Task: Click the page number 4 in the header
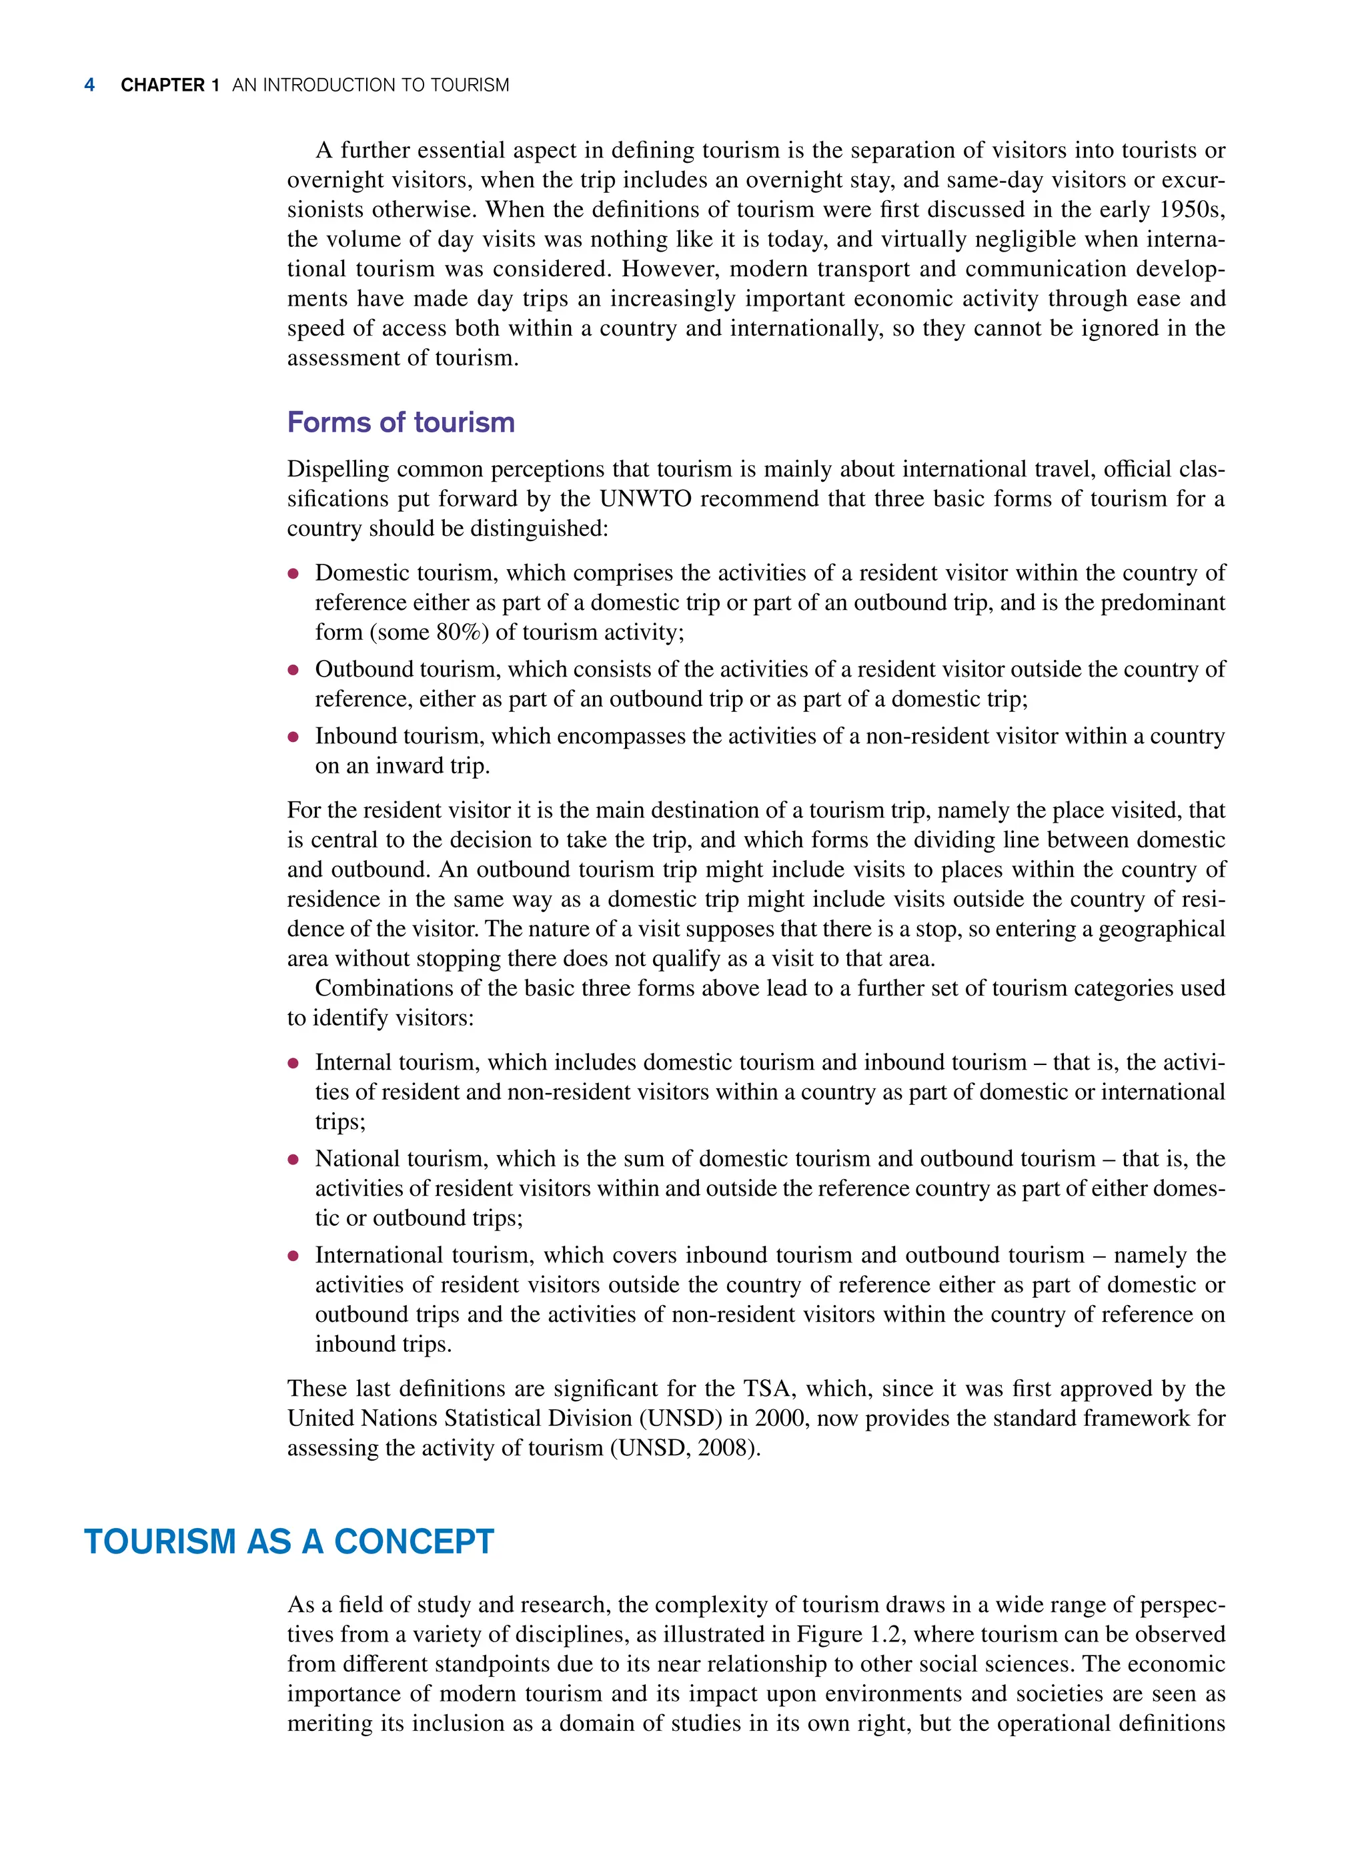89,85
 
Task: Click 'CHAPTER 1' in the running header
169,85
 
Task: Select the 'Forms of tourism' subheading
400,422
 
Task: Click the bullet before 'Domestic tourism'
293,574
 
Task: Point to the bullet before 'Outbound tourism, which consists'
293,670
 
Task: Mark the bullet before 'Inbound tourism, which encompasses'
293,737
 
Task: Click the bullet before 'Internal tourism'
293,1064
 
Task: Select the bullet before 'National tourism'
293,1160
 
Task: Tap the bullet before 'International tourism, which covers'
293,1256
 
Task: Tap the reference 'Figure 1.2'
851,1635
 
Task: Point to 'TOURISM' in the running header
470,85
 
